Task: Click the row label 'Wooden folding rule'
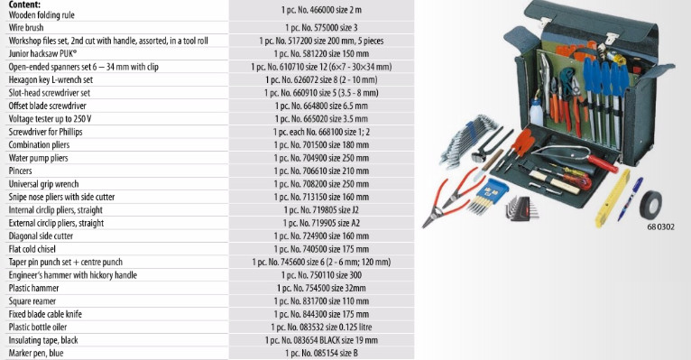41,15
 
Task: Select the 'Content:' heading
24,5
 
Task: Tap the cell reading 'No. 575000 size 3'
321,28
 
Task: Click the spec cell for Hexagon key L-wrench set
321,79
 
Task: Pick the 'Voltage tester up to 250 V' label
51,119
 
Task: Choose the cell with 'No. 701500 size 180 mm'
321,145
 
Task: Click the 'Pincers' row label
20,171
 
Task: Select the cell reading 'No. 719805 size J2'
321,210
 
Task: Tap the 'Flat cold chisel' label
32,249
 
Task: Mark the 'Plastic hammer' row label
34,288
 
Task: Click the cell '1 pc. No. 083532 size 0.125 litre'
321,328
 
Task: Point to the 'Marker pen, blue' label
36,354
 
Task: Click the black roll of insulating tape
650,205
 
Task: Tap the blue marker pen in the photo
631,198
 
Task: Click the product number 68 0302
660,227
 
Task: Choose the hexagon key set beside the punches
521,208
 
